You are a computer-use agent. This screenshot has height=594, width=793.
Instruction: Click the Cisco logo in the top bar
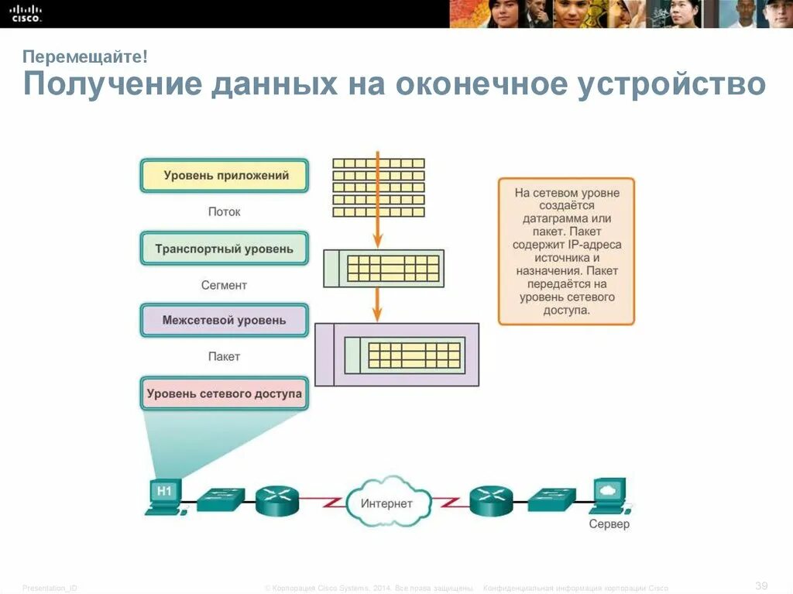click(26, 13)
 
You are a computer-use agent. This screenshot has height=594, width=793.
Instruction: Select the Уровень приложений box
click(225, 176)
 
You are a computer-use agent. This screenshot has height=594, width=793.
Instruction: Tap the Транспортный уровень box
click(225, 249)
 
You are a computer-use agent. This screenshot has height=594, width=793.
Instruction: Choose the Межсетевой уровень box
click(225, 320)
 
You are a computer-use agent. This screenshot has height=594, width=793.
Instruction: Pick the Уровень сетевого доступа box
click(225, 393)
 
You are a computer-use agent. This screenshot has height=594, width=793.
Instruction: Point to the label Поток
click(225, 211)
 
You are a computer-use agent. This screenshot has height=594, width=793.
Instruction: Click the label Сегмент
click(225, 285)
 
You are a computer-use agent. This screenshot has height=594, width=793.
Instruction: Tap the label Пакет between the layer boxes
click(225, 356)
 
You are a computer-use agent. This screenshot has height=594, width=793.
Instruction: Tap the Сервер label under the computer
click(609, 524)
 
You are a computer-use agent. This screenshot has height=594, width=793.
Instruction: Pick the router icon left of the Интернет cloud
click(276, 501)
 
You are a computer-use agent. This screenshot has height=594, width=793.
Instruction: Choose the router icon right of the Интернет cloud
click(492, 501)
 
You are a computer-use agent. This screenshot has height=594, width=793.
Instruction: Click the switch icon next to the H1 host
click(221, 500)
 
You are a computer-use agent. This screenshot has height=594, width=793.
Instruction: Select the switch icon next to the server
click(552, 500)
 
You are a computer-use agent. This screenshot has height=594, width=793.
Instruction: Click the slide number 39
click(761, 583)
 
